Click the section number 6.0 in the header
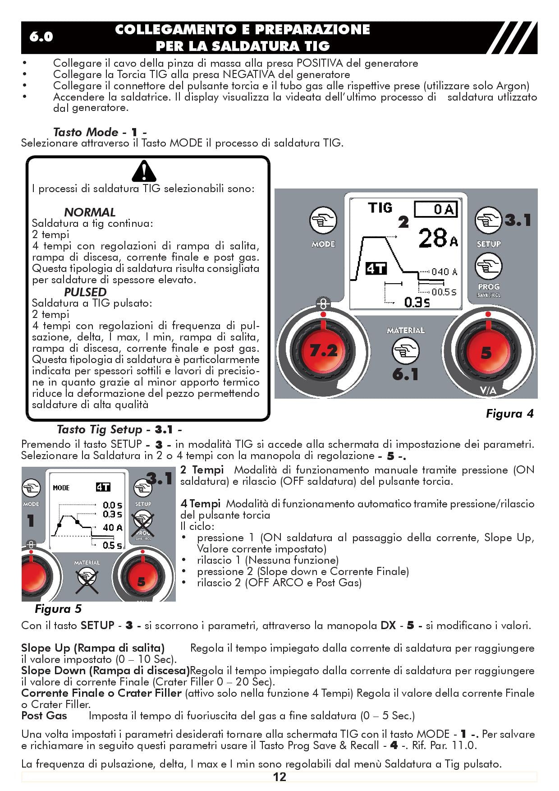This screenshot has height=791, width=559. tap(41, 37)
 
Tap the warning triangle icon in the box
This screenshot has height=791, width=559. tap(144, 171)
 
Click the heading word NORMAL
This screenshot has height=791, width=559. tap(90, 212)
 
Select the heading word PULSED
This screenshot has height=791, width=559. tap(85, 292)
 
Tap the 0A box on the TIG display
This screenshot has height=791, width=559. tap(435, 209)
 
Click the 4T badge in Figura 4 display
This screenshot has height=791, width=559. tap(376, 269)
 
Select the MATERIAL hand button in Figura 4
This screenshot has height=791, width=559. tap(405, 350)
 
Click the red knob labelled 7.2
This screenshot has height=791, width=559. tap(323, 350)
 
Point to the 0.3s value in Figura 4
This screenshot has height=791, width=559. tap(417, 302)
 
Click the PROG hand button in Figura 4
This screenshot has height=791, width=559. tap(488, 267)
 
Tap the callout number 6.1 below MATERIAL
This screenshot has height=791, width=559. tap(405, 374)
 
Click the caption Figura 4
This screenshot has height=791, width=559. tap(509, 414)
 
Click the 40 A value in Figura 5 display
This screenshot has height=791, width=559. tap(112, 527)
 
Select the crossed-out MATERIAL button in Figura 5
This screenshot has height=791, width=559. tap(87, 579)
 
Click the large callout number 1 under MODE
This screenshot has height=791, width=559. tap(31, 521)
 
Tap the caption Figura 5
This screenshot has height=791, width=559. tap(58, 609)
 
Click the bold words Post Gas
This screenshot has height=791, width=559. tap(44, 716)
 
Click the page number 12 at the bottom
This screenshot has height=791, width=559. tap(279, 777)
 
